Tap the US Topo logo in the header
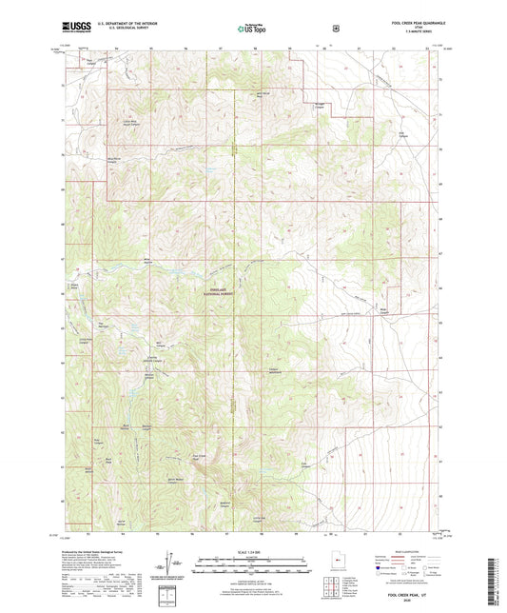[x=252, y=30]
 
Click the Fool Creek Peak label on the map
[x=201, y=457]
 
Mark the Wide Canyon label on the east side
[x=385, y=309]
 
